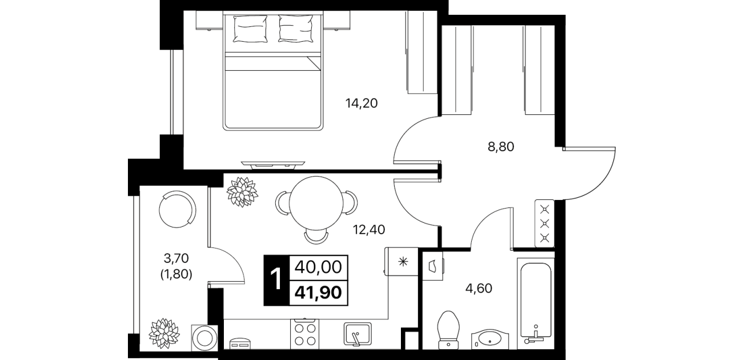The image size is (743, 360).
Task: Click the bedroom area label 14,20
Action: click(361, 103)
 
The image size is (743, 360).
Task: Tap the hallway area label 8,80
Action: click(500, 146)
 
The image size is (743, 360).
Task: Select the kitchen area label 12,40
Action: click(369, 230)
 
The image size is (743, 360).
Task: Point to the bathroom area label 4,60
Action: click(479, 289)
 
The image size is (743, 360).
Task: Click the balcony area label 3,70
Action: click(176, 258)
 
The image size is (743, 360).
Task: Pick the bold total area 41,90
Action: click(319, 293)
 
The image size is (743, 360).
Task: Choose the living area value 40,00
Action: click(318, 267)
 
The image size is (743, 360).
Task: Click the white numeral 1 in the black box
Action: click(276, 280)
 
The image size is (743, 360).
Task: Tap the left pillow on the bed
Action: click(251, 29)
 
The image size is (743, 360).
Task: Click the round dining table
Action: click(316, 203)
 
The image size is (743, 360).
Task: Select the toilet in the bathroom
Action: click(449, 330)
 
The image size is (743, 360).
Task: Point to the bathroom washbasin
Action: click(490, 339)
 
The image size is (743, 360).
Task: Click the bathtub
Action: click(536, 304)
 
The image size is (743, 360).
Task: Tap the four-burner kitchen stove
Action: click(304, 334)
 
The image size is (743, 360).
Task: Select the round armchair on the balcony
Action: click(177, 209)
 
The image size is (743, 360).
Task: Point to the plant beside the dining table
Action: click(242, 192)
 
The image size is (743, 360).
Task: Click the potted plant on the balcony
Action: click(164, 334)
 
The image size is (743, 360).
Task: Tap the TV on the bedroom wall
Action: click(273, 165)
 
